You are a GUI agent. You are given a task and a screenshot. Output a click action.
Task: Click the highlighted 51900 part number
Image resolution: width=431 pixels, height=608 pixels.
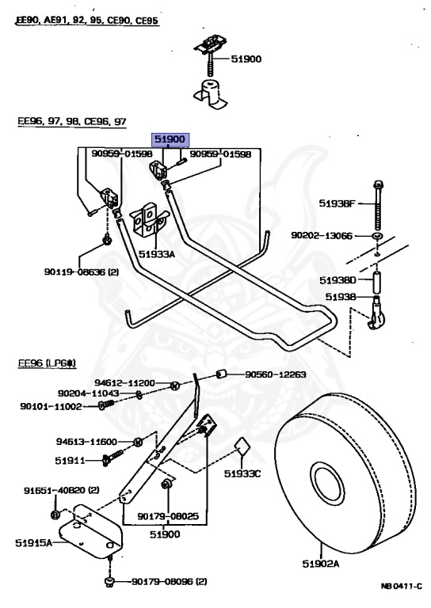[x=170, y=139]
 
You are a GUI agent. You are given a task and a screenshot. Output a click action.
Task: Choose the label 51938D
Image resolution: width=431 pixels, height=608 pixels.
[x=338, y=279]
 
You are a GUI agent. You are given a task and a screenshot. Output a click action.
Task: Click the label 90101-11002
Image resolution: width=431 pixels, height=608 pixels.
[x=51, y=406]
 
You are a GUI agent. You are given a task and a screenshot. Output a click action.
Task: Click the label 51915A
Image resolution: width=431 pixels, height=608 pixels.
[x=33, y=543]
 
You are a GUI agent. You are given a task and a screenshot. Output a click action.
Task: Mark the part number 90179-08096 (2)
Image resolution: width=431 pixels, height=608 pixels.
[x=169, y=582]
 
